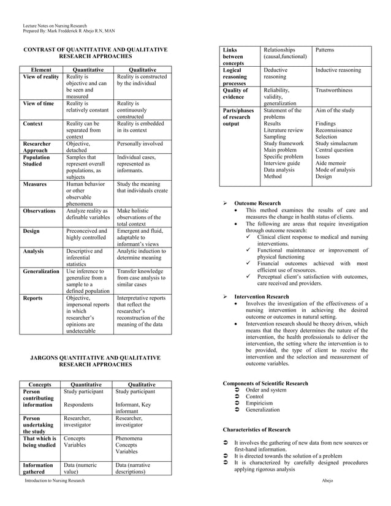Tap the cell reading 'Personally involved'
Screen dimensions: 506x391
point(140,143)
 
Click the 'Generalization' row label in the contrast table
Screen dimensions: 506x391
point(41,270)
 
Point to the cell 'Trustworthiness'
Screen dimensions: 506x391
point(334,90)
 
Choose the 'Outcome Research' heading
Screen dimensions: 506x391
point(257,203)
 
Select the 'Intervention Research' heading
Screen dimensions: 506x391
point(262,296)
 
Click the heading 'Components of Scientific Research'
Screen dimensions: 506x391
point(265,383)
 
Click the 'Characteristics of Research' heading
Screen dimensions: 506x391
point(256,429)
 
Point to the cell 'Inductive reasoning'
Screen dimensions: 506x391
point(338,70)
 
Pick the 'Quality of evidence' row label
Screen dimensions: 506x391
point(235,93)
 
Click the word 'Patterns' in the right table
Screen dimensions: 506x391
point(325,50)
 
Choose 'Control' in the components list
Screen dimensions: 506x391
point(254,396)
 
